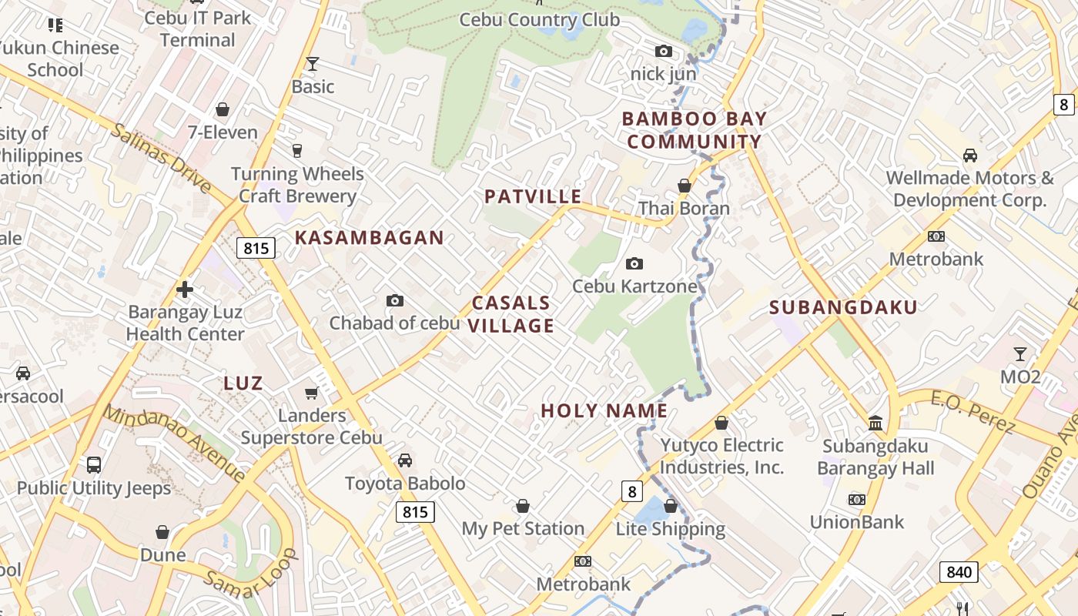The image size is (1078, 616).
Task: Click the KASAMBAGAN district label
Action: pyautogui.click(x=370, y=238)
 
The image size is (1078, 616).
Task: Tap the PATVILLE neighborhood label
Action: pyautogui.click(x=533, y=196)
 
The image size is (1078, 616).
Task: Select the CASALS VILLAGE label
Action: pyautogui.click(x=512, y=314)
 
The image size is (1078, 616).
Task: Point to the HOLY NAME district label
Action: pyautogui.click(x=604, y=410)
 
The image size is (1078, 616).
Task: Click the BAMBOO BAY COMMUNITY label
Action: pyautogui.click(x=695, y=130)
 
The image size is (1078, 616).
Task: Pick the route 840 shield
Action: pyautogui.click(x=959, y=572)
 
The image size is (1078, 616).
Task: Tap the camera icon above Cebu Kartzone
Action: pyautogui.click(x=634, y=264)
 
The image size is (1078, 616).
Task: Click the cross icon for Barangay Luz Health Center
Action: pyautogui.click(x=185, y=290)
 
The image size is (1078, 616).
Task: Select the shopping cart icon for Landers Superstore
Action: pyautogui.click(x=312, y=393)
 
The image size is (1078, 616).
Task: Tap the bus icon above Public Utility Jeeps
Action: pyautogui.click(x=94, y=465)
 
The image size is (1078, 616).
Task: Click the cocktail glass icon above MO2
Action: pyautogui.click(x=1020, y=354)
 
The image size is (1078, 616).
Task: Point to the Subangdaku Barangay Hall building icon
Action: pyautogui.click(x=875, y=423)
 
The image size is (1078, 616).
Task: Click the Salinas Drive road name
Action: pyautogui.click(x=161, y=158)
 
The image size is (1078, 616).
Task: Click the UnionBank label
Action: pyautogui.click(x=857, y=522)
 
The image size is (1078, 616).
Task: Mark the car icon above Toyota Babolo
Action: pyautogui.click(x=405, y=460)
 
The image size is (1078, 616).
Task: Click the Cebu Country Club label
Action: pyautogui.click(x=539, y=19)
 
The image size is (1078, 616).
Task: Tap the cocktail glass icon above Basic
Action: pyautogui.click(x=313, y=63)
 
